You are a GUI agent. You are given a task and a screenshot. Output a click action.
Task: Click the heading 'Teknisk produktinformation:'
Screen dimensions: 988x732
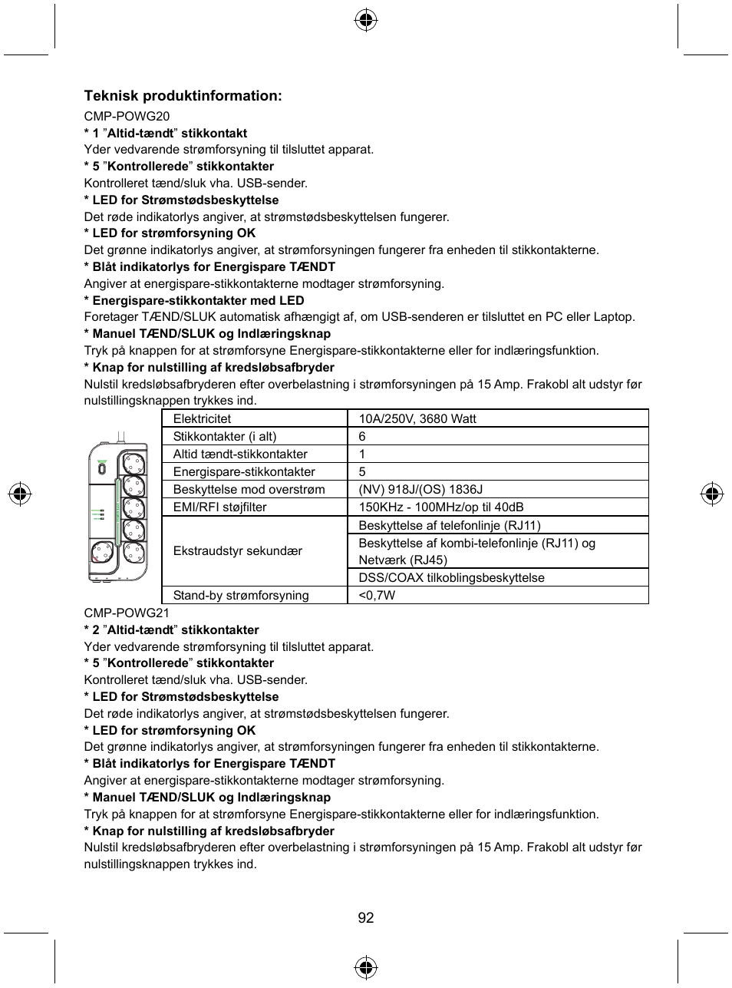pos(183,96)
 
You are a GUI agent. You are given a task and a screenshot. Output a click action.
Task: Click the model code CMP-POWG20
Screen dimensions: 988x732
pos(127,116)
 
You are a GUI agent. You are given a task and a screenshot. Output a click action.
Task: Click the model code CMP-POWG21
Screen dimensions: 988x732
pos(127,613)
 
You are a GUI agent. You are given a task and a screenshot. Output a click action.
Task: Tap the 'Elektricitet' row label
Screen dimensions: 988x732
pos(202,418)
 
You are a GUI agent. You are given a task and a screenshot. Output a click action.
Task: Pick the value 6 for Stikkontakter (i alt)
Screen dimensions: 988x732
pos(362,436)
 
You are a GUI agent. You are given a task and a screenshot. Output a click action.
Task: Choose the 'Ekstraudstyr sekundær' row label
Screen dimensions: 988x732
pos(237,551)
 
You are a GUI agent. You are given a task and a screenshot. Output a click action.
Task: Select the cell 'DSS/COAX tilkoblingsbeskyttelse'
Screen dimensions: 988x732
pos(451,577)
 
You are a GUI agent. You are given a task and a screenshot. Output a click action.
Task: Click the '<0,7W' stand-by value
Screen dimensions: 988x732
pos(377,595)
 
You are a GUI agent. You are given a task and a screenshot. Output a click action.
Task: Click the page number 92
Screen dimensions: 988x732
pos(366,917)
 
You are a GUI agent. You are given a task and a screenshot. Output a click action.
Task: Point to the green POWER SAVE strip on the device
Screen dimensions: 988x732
pos(117,507)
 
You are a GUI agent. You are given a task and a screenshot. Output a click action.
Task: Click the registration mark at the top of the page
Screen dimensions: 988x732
pos(366,20)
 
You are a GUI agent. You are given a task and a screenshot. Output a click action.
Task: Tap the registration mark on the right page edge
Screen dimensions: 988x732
pos(712,494)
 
